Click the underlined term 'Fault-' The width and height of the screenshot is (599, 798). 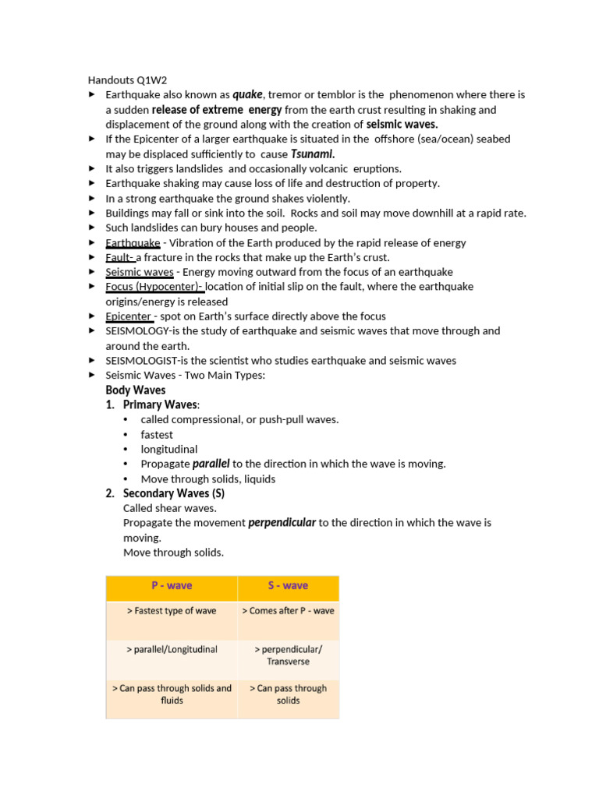click(120, 257)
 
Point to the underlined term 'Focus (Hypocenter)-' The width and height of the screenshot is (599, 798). click(154, 287)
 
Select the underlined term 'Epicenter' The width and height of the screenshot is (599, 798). click(129, 316)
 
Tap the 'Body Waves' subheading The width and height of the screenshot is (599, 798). click(136, 390)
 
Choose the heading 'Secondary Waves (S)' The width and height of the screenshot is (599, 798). click(174, 493)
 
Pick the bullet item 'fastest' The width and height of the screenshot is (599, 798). click(157, 434)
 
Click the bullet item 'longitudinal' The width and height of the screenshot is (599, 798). click(169, 449)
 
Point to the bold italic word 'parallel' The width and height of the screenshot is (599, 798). click(211, 464)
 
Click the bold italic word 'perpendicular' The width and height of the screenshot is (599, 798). click(282, 523)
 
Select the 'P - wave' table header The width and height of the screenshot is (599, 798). click(172, 585)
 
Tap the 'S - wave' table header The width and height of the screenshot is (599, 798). click(288, 585)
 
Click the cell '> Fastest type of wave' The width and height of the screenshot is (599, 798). click(172, 611)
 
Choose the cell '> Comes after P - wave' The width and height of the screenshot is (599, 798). click(288, 611)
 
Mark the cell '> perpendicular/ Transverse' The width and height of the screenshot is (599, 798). click(288, 655)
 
